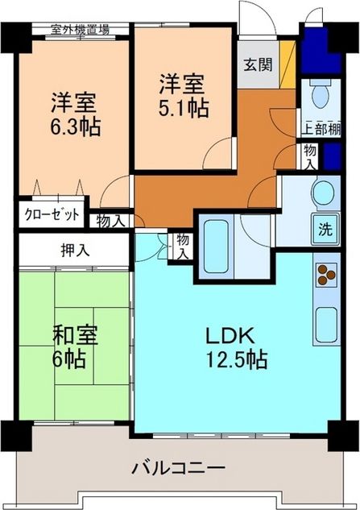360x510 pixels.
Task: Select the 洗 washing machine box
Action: point(325,228)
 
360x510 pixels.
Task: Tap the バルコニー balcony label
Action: point(179,467)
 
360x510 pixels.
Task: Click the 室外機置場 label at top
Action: point(80,30)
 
